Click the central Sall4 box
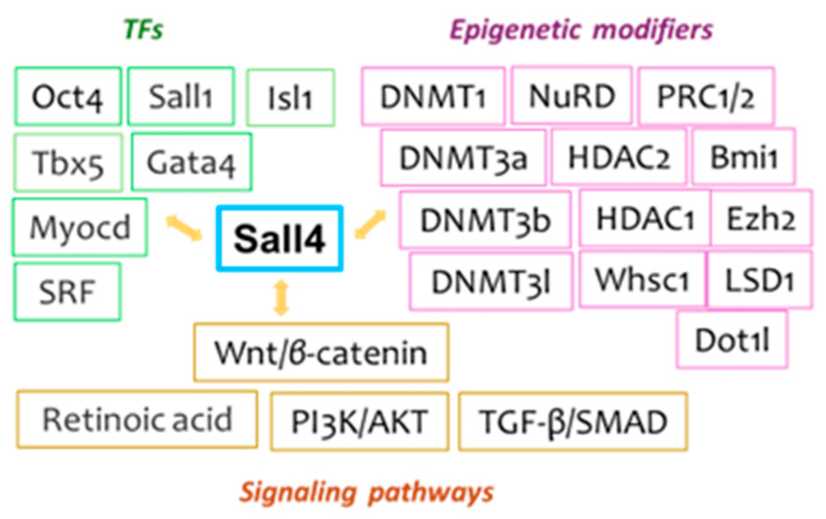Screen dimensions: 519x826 pos(279,238)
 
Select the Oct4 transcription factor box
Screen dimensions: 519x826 pos(68,97)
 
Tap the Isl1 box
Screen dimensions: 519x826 pos(290,98)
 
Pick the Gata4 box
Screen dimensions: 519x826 pos(191,162)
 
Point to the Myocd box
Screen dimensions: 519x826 pos(80,227)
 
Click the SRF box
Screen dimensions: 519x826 pos(67,292)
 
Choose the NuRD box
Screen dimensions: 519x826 pos(571,96)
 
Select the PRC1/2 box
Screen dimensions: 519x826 pos(706,97)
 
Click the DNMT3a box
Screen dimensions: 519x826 pos(463,158)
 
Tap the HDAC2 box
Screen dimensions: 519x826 pos(619,157)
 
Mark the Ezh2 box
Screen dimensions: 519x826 pos(760,219)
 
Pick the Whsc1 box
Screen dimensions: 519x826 pos(642,279)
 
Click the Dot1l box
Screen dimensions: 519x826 pos(732,340)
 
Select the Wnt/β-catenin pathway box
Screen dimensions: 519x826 pos(321,352)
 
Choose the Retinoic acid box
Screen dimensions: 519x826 pos(137,420)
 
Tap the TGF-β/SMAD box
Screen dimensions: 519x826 pos(573,422)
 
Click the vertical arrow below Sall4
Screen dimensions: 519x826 pos(282,297)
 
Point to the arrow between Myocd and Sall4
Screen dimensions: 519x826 pos(183,227)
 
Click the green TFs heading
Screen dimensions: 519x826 pos(143,30)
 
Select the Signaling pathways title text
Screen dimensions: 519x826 pos(366,492)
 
